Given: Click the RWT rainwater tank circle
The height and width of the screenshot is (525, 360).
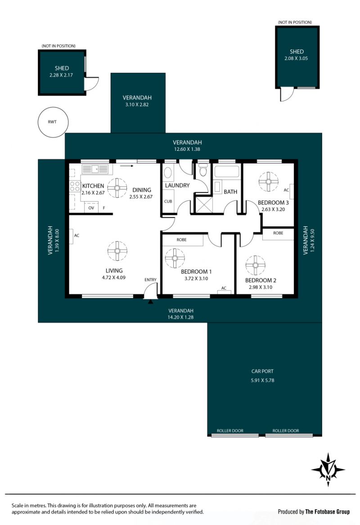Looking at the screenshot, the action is coord(53,108).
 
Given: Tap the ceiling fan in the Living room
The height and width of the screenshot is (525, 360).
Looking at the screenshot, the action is coord(117,251).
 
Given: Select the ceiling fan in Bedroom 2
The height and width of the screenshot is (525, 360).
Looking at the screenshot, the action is coord(255,266).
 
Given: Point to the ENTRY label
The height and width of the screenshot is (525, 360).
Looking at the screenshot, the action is coord(151,280).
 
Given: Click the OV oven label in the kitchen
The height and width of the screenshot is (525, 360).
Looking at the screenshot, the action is coord(91,208).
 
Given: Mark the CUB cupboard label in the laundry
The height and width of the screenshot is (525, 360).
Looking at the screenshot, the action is coord(168,201).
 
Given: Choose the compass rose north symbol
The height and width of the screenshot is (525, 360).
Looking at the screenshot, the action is coord(328,470).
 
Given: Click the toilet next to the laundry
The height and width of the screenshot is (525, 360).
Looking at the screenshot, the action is coord(203,171).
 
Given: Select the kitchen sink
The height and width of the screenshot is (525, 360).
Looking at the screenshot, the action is coord(95,169).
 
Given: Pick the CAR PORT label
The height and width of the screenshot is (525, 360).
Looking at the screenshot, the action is coord(262,371).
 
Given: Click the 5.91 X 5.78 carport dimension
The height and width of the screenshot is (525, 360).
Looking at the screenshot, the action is coord(263,380).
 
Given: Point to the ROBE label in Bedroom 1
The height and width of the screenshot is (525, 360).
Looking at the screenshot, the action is coord(182,240).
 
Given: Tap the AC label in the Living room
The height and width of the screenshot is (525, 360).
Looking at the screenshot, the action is coord(76,236).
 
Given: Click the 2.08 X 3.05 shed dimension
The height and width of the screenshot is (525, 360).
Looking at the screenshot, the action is coord(296,58).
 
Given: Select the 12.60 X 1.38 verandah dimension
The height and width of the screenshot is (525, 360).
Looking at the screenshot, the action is coord(187,149).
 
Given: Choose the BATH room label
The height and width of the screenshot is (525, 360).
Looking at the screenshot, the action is coord(230,192).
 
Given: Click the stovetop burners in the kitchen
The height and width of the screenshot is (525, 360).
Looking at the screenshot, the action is coord(75,186).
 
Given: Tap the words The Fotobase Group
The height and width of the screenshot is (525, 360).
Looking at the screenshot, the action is coord(328,511).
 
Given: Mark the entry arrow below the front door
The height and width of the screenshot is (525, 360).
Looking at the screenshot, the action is coord(151,302).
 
